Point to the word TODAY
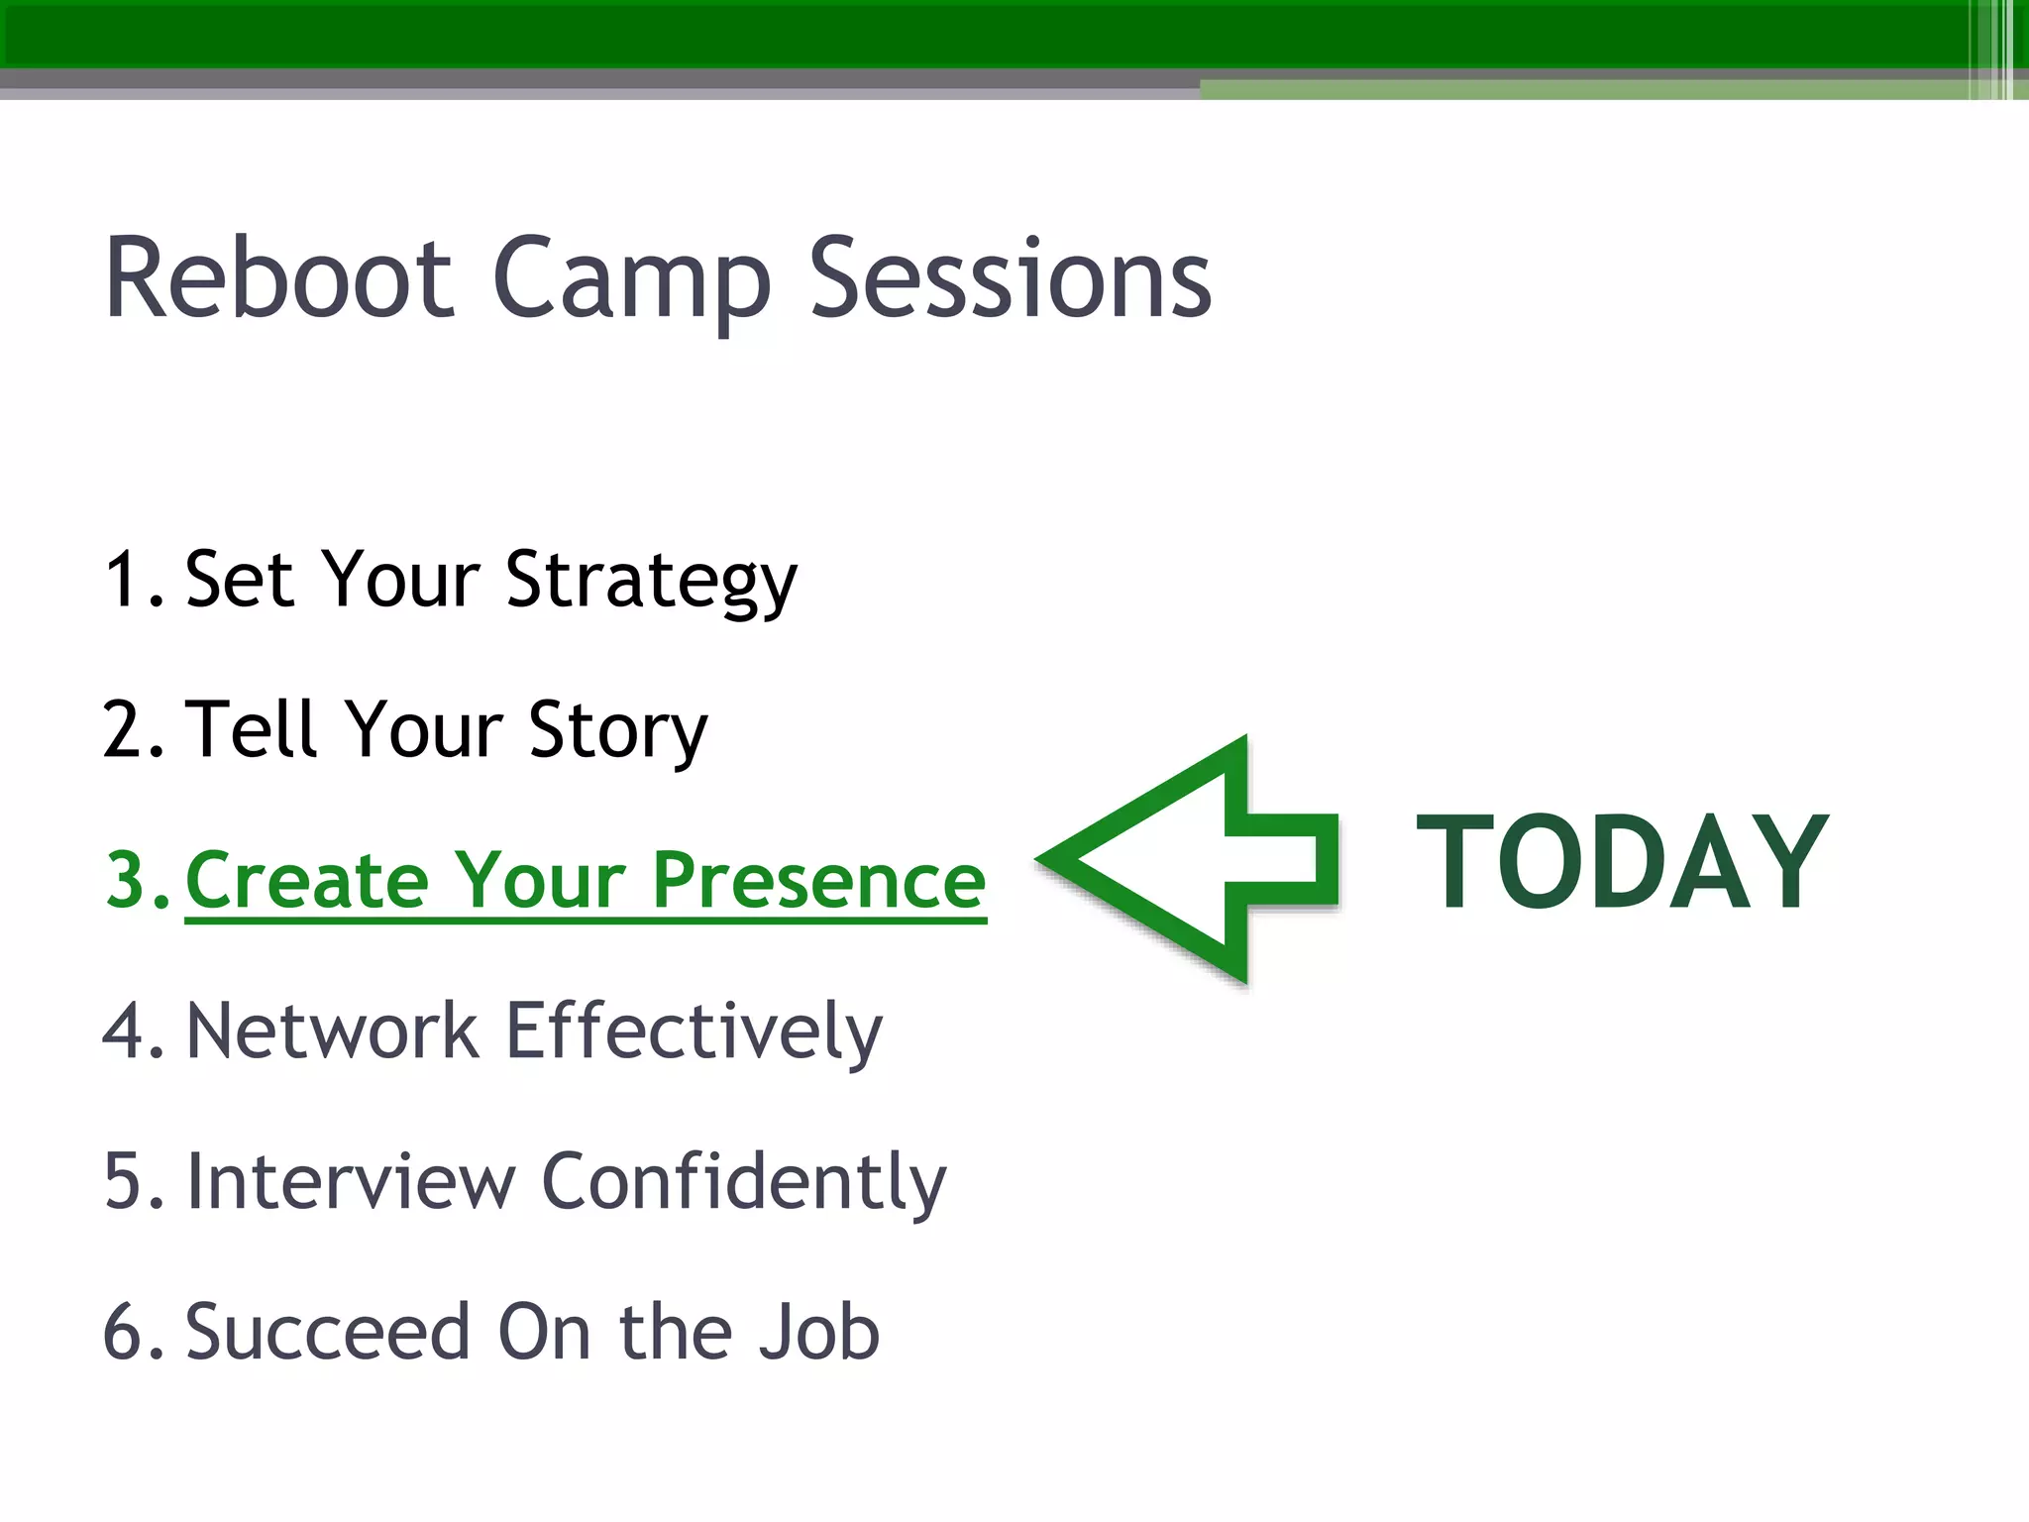pyautogui.click(x=1622, y=860)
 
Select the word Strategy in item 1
pyautogui.click(x=651, y=583)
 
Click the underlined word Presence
pyautogui.click(x=818, y=881)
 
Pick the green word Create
pyautogui.click(x=306, y=881)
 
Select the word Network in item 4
pyautogui.click(x=332, y=1032)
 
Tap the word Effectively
pyautogui.click(x=694, y=1033)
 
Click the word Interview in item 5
pyautogui.click(x=351, y=1182)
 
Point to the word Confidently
pyautogui.click(x=744, y=1184)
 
